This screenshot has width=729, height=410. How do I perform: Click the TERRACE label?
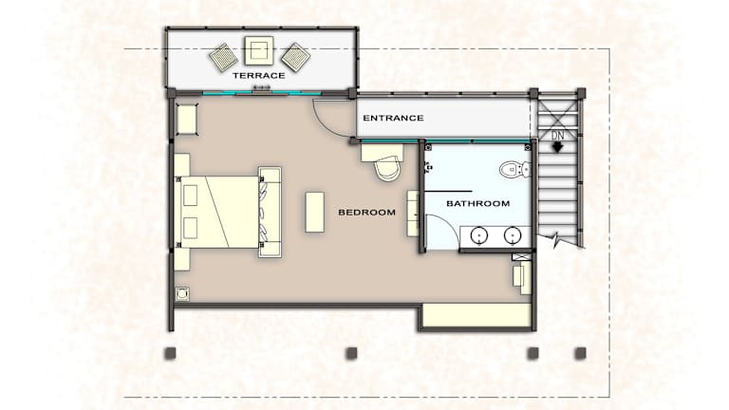click(258, 75)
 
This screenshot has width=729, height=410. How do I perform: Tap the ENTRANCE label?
click(393, 118)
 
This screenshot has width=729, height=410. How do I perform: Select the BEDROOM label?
click(366, 212)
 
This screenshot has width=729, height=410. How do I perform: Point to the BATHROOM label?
click(478, 203)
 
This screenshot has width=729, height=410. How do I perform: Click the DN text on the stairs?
click(557, 136)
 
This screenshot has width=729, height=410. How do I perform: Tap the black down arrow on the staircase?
click(557, 147)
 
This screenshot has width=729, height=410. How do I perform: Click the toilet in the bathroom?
click(514, 169)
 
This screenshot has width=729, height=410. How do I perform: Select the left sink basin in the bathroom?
click(478, 235)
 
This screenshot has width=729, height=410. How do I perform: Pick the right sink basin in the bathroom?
click(513, 235)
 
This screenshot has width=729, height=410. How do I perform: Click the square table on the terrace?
click(259, 50)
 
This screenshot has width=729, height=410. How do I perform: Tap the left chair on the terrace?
click(224, 58)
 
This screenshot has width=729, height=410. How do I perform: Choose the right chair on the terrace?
click(295, 58)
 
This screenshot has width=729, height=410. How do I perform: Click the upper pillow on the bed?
click(190, 196)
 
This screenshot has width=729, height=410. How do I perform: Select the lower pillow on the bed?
click(190, 228)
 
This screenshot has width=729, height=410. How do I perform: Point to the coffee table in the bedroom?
click(315, 212)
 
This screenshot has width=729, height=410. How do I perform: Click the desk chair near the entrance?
click(387, 168)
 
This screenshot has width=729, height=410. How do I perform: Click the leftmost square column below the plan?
click(171, 353)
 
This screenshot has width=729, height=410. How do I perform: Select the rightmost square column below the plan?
click(580, 353)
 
